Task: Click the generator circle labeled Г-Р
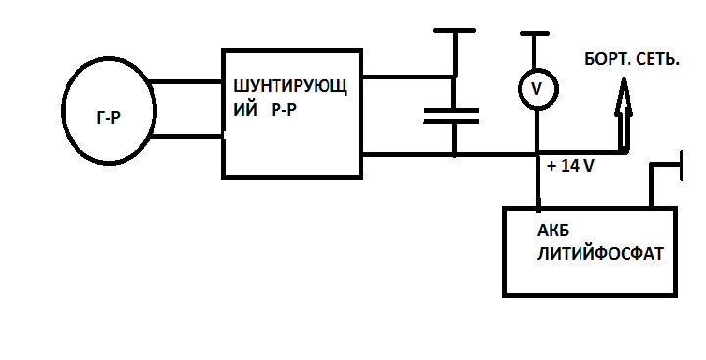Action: [x=62, y=111]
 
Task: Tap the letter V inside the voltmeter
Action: [x=537, y=89]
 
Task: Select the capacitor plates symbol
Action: [x=451, y=116]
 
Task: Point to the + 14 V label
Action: [x=571, y=166]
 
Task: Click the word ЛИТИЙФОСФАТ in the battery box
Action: [x=601, y=254]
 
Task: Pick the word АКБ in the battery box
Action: [x=553, y=231]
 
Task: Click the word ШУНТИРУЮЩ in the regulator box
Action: [x=291, y=87]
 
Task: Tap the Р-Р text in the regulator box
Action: [x=284, y=110]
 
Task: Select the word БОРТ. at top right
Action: [x=606, y=59]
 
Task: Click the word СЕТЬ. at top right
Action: [x=656, y=59]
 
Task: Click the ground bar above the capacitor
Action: [x=454, y=31]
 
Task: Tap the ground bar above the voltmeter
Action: [x=535, y=33]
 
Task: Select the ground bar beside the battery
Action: [x=681, y=166]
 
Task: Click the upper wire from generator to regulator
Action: [x=185, y=83]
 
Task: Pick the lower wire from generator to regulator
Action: [x=186, y=136]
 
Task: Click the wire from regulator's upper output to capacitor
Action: [x=408, y=77]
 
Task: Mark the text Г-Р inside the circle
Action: [x=109, y=118]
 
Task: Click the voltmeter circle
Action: [x=519, y=89]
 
